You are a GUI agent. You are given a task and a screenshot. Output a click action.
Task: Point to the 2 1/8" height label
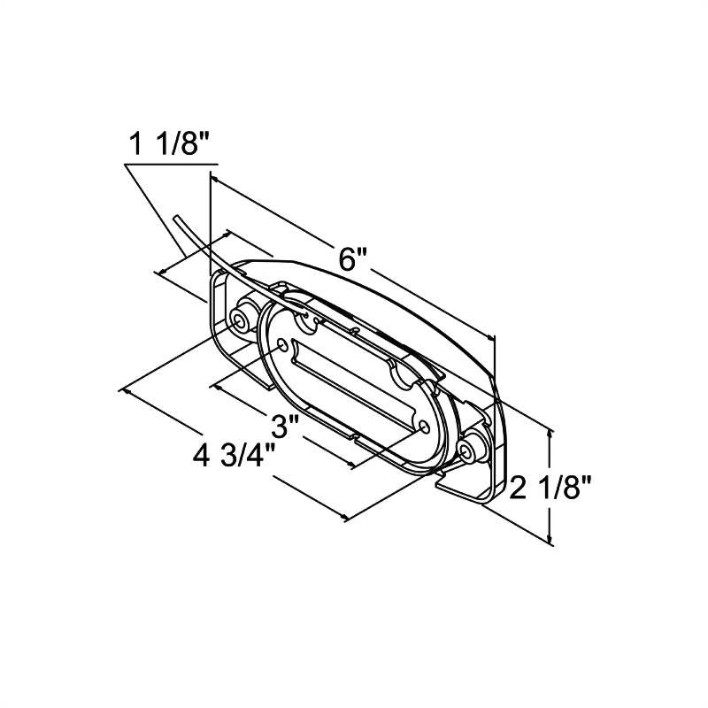pyautogui.click(x=551, y=487)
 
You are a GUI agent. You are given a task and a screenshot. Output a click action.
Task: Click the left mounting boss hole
pyautogui.click(x=239, y=319)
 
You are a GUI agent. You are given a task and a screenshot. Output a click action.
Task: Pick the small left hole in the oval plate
pyautogui.click(x=282, y=343)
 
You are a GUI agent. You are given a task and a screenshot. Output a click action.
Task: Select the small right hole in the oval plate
pyautogui.click(x=426, y=427)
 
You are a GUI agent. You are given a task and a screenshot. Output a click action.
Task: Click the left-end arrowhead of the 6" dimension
pyautogui.click(x=216, y=181)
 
